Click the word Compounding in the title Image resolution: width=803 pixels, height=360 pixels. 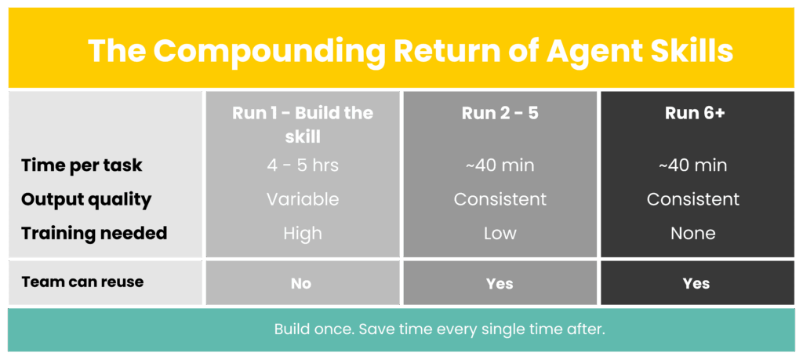(x=269, y=51)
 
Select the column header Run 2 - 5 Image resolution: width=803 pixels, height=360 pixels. (x=500, y=113)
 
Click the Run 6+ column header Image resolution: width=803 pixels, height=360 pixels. (x=695, y=113)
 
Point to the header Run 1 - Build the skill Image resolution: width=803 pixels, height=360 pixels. (x=303, y=125)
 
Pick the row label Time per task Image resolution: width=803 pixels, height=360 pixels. (x=82, y=166)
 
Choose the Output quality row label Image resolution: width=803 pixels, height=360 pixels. (x=86, y=199)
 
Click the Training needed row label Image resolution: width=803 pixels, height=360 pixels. (x=94, y=233)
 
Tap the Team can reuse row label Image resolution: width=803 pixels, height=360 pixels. (x=82, y=282)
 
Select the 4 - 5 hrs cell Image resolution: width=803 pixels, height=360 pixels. (x=303, y=165)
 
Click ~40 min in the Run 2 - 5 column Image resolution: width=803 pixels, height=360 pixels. (x=500, y=165)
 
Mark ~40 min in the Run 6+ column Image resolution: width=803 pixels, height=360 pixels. (x=693, y=165)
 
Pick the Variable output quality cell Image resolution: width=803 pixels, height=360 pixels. (x=303, y=199)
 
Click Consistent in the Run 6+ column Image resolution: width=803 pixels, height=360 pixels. (x=693, y=199)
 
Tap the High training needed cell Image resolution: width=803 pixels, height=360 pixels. (x=303, y=234)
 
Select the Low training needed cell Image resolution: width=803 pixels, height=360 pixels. (x=500, y=233)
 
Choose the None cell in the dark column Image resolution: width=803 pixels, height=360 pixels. (x=693, y=233)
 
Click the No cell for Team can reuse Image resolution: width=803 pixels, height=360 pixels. (x=301, y=284)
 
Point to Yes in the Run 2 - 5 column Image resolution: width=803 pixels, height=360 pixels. (x=500, y=284)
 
